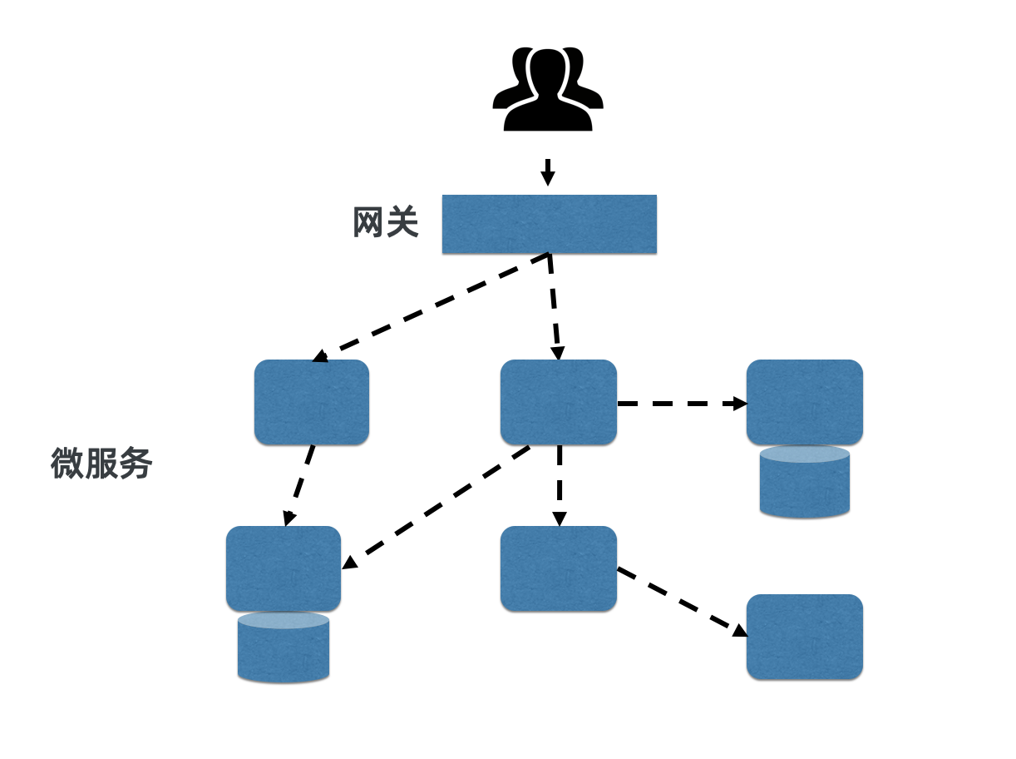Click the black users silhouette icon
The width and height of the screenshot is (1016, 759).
[547, 88]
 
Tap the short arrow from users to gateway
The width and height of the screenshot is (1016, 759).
[547, 172]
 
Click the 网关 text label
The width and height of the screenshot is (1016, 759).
[385, 223]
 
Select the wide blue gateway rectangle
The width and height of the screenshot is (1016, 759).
[549, 224]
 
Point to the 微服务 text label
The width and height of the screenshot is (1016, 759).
[101, 464]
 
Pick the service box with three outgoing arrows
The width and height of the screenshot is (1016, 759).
[558, 402]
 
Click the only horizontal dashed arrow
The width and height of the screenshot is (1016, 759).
[681, 404]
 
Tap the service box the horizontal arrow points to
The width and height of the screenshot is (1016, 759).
[804, 402]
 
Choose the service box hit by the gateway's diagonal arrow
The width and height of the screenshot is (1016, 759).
[311, 402]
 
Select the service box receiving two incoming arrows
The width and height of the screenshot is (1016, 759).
[283, 568]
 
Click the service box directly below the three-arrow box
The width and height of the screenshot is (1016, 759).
[558, 568]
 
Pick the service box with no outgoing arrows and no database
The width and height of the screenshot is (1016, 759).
[804, 637]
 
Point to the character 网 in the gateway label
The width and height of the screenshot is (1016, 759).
[368, 223]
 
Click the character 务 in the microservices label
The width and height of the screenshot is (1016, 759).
[136, 464]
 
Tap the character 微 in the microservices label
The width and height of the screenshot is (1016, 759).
[67, 464]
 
